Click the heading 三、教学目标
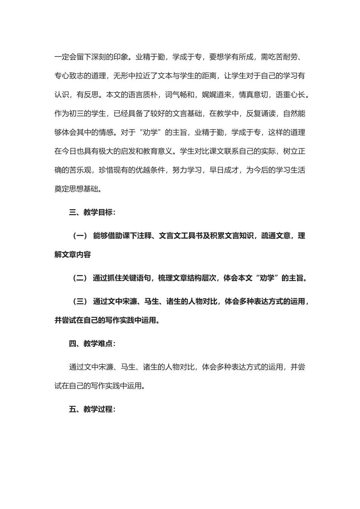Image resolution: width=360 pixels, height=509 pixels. tap(92, 212)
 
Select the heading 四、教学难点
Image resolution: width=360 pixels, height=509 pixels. tap(92, 343)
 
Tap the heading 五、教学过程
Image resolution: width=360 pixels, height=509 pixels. tap(92, 409)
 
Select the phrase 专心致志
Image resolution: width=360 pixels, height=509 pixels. tap(69, 76)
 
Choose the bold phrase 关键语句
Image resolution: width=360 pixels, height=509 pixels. tap(129, 278)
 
